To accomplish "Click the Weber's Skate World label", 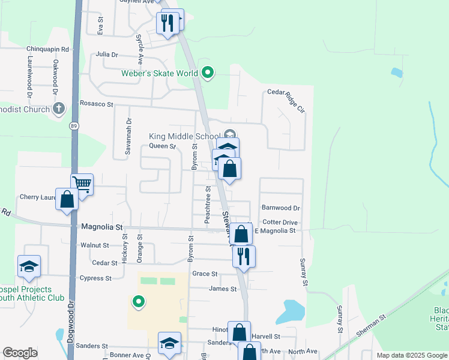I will click(x=160, y=74).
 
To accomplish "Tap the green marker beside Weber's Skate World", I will click(x=208, y=73).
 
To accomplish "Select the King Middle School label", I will click(x=184, y=136).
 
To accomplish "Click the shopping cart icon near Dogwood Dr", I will click(x=82, y=184).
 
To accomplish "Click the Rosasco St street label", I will click(x=97, y=104).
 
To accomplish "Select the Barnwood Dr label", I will click(x=280, y=208).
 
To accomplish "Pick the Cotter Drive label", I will click(x=280, y=221).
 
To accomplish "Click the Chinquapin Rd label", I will click(x=48, y=49).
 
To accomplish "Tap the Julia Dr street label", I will click(x=107, y=54).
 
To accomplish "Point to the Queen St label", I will click(x=162, y=146).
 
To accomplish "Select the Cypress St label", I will click(x=95, y=278).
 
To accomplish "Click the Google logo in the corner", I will click(x=20, y=353).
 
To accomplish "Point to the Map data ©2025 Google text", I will click(x=412, y=355).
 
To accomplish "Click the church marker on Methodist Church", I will click(x=58, y=109).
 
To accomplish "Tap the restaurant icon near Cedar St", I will click(x=244, y=256).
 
